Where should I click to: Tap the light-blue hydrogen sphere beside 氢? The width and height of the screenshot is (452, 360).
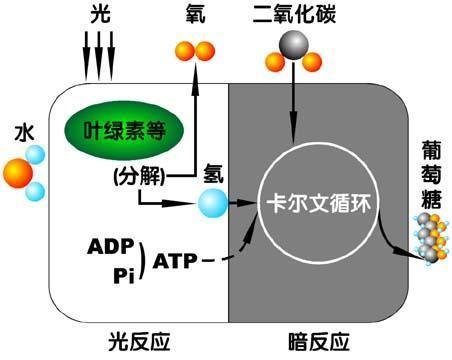(x=212, y=203)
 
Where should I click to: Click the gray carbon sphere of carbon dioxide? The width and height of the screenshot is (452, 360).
(x=292, y=44)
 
